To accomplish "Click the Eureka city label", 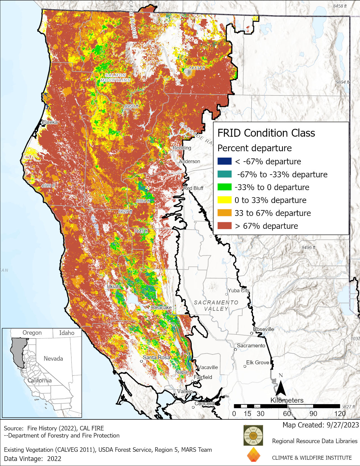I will tap(50, 122).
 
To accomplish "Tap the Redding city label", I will tap(182, 148).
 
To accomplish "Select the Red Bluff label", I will tap(193, 188).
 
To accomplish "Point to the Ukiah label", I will tap(113, 286).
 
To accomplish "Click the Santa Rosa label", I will tap(156, 357).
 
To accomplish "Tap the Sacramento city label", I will tap(251, 345).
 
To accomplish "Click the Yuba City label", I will tap(239, 290).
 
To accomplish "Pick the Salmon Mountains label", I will tap(115, 78).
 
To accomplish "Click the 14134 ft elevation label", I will tap(197, 68).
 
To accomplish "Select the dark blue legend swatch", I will tap(224, 161).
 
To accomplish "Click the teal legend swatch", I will tap(224, 174).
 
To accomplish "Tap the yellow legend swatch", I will tap(224, 200).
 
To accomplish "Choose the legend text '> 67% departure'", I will tap(266, 226).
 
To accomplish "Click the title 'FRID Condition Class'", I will tap(266, 133).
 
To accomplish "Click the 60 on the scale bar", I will tap(287, 414).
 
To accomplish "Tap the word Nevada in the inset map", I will tap(53, 359).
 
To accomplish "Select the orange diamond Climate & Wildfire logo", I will tap(253, 455).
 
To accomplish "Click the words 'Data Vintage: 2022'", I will tap(32, 458).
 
